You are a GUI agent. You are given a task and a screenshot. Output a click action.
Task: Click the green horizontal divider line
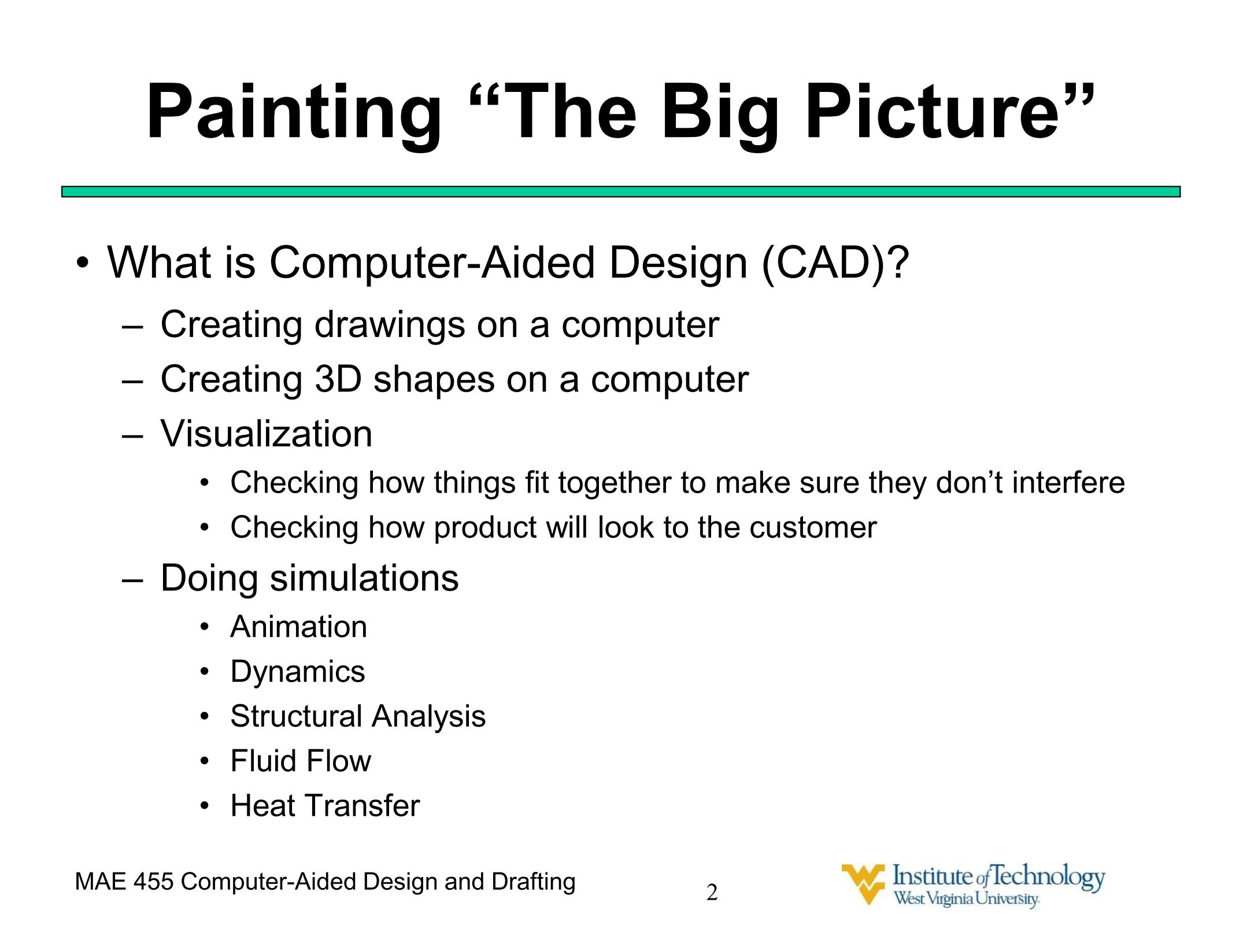(x=621, y=192)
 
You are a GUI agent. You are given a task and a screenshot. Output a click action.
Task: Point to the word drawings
(x=390, y=324)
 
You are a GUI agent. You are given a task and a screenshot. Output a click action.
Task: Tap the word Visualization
(x=267, y=434)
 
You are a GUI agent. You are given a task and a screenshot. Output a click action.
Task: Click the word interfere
(x=1068, y=482)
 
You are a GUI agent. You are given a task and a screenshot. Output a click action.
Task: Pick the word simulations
(x=364, y=578)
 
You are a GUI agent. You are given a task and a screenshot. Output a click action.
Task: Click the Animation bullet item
(x=299, y=627)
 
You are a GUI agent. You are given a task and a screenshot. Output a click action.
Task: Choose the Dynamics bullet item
(x=298, y=672)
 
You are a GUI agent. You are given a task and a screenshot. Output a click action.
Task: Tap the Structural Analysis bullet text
(x=358, y=717)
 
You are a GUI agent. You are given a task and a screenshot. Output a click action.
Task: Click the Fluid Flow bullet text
(x=301, y=761)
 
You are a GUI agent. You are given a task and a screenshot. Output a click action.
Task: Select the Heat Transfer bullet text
(x=325, y=806)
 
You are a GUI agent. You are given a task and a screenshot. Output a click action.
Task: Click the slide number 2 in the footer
(x=712, y=893)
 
